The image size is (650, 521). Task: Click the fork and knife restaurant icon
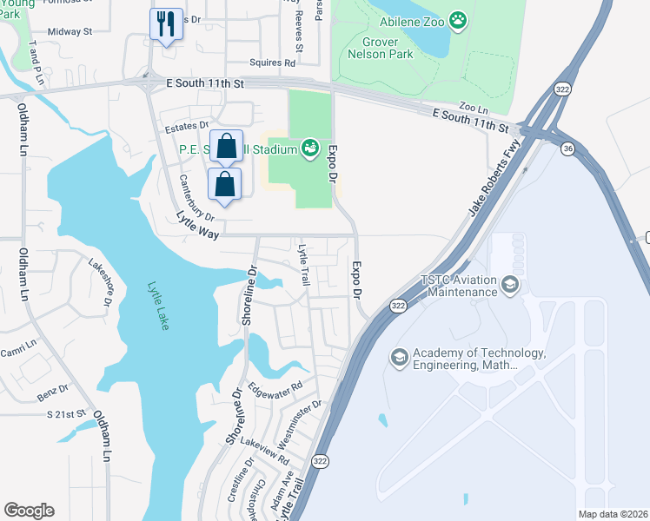click(x=166, y=23)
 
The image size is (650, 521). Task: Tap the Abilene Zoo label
click(x=418, y=19)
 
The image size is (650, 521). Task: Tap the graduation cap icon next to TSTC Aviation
click(x=509, y=284)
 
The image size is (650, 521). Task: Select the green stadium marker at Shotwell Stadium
click(x=310, y=149)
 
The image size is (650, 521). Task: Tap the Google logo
click(x=29, y=510)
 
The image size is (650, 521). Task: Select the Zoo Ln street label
click(x=474, y=108)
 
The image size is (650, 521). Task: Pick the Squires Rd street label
click(x=272, y=63)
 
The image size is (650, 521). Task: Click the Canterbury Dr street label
click(x=196, y=197)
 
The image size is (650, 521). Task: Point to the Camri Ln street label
click(x=19, y=344)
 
